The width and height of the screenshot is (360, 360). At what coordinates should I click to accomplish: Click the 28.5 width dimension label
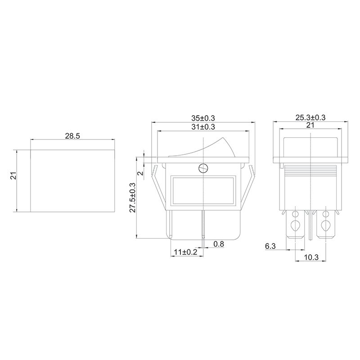[x=72, y=135]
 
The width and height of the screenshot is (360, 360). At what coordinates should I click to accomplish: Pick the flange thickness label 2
[x=140, y=172]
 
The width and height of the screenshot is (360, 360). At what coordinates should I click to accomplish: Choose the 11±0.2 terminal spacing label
[x=185, y=253]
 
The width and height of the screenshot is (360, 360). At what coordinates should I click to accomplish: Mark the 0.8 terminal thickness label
[x=219, y=244]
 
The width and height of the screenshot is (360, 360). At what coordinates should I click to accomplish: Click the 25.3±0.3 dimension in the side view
[x=310, y=118]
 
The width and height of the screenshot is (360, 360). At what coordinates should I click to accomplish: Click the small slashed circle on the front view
[x=203, y=169]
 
